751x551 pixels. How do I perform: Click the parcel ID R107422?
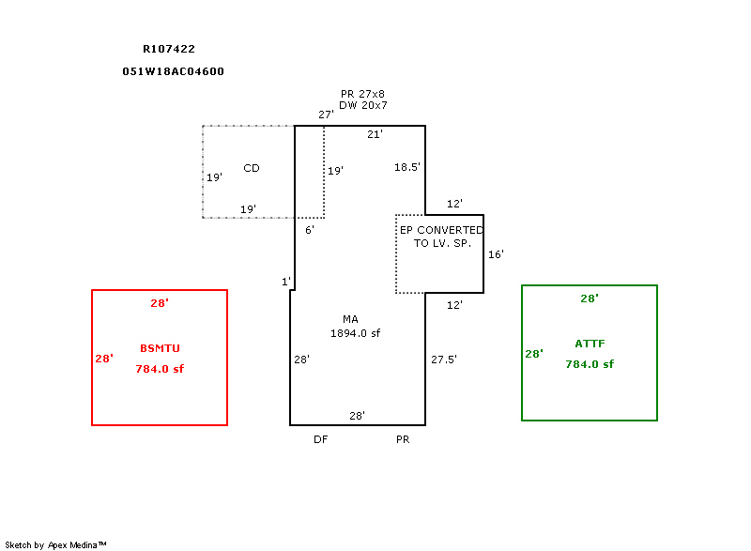pos(169,49)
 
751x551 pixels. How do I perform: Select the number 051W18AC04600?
pos(173,71)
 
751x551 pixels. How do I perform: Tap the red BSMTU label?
pos(160,348)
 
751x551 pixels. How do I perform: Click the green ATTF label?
pos(590,344)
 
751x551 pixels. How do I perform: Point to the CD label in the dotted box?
pos(252,168)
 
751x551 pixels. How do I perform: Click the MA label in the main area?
pos(350,319)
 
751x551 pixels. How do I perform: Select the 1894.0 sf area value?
pos(356,333)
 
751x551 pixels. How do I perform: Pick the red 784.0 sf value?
pos(160,369)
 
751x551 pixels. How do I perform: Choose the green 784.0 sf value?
pos(590,364)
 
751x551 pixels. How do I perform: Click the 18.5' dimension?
pos(406,167)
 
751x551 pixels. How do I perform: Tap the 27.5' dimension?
pos(443,360)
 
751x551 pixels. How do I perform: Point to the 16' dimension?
pos(496,254)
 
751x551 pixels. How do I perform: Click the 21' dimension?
pos(375,135)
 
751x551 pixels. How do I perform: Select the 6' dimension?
pos(310,230)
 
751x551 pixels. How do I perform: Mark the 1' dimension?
pos(286,282)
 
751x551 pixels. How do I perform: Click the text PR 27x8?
pos(363,94)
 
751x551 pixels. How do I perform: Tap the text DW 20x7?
pos(363,105)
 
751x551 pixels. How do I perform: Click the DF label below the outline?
pos(320,439)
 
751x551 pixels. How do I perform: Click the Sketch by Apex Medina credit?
pos(55,544)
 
